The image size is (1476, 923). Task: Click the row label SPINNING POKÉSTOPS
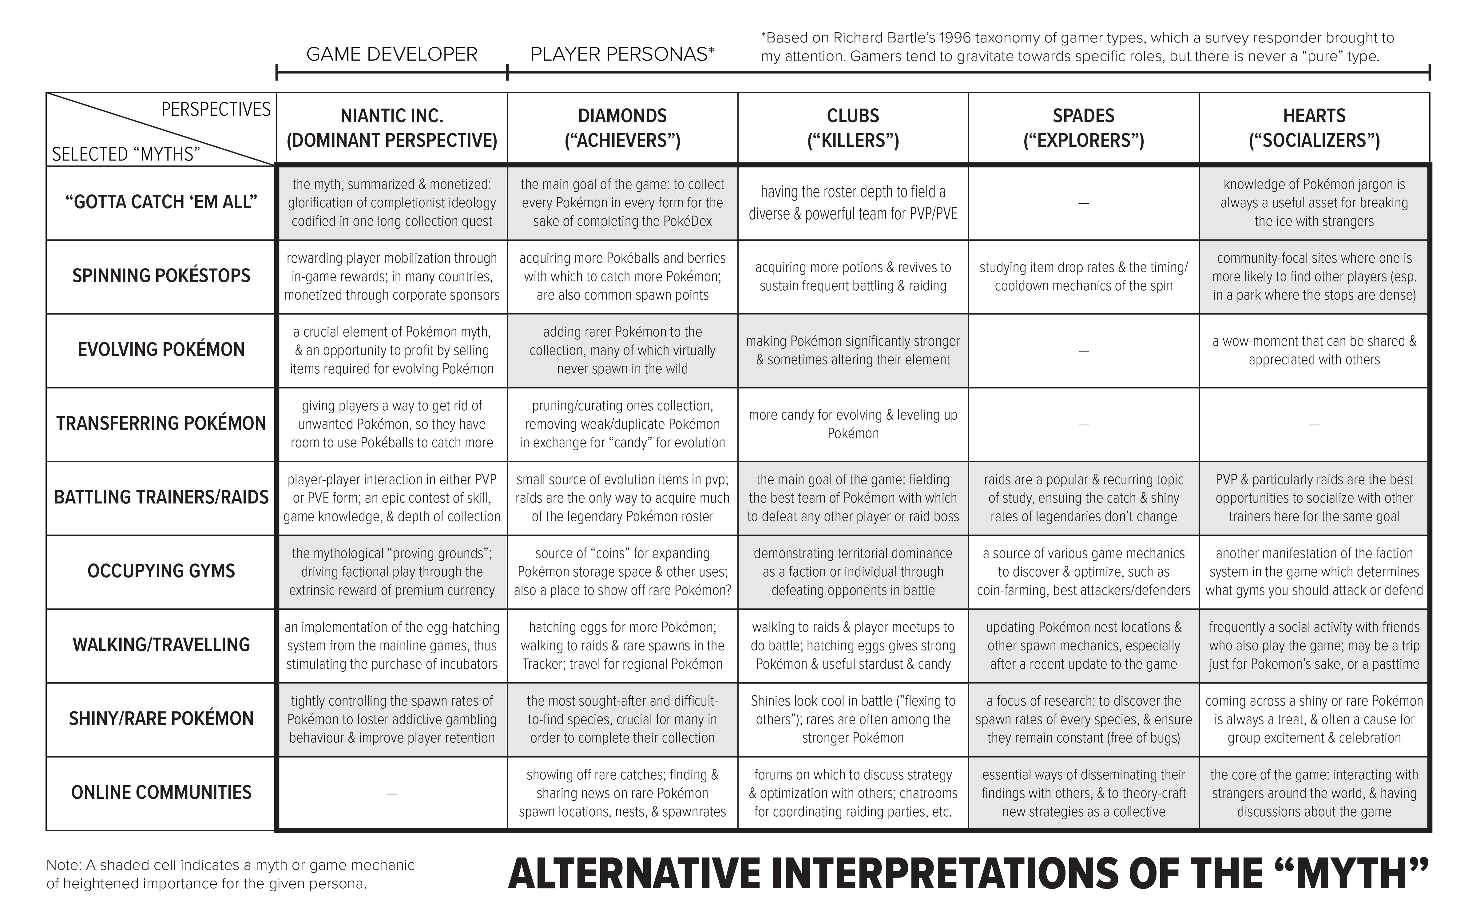coord(161,276)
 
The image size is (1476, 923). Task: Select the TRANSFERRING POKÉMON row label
coord(161,424)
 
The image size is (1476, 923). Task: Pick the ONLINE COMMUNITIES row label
coord(161,792)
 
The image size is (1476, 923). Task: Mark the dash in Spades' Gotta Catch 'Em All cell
coord(1084,203)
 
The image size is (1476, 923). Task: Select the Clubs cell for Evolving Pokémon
coord(853,350)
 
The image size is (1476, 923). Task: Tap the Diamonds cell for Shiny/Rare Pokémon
coord(622,719)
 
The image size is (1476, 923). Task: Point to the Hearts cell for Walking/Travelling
coord(1314,645)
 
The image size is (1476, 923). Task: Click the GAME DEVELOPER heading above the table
coord(392,54)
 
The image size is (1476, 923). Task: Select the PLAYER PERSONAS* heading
coord(622,54)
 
